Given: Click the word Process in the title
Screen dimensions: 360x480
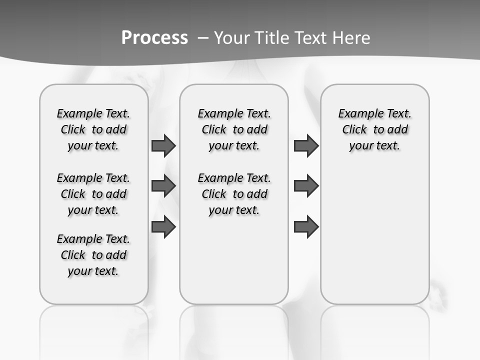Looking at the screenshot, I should (154, 37).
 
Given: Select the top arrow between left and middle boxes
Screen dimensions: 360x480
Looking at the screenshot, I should (163, 145).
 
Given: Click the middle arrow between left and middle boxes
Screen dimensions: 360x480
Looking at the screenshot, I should (163, 186).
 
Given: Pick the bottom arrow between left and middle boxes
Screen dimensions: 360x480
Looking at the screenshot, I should (163, 227).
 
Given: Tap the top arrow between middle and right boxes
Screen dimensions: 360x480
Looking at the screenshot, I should (306, 145).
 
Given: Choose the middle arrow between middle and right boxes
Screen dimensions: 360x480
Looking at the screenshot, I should (306, 186).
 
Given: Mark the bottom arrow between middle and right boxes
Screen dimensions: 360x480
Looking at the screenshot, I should (306, 227).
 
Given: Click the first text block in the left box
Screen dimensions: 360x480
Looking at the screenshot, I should (93, 129).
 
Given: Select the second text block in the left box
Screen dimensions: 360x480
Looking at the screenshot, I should (93, 194).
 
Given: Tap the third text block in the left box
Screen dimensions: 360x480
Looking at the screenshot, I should (93, 255).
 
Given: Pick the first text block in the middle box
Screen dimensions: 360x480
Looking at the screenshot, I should (234, 129).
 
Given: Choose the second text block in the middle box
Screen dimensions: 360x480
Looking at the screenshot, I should (234, 194).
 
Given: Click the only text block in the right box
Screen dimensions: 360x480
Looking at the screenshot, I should (374, 129).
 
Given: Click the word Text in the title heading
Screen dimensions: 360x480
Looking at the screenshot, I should (312, 37).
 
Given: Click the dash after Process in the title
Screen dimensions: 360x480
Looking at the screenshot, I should (203, 38).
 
